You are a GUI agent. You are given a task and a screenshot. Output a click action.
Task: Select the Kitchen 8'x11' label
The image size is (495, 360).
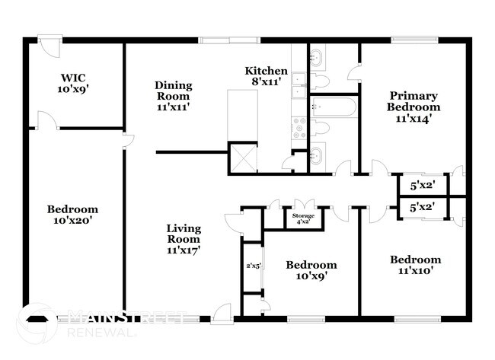266,76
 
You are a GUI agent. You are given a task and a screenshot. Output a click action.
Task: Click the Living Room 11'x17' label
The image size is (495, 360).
183,238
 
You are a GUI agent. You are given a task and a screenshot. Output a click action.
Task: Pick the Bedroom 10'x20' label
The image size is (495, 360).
72,215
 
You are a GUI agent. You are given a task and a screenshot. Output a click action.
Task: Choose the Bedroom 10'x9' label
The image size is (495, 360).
311,270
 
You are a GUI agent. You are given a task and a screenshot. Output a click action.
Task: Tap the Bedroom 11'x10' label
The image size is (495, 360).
415,265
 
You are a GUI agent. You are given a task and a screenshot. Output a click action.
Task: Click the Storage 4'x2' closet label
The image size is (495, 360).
303,218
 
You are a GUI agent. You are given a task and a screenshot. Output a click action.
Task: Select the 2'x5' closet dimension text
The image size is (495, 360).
254,266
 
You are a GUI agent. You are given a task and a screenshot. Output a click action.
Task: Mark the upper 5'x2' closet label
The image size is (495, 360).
423,185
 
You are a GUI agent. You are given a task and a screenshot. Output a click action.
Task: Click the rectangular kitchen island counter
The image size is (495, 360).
243,114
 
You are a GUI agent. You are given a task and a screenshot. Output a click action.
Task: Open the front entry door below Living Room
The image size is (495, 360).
222,311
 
